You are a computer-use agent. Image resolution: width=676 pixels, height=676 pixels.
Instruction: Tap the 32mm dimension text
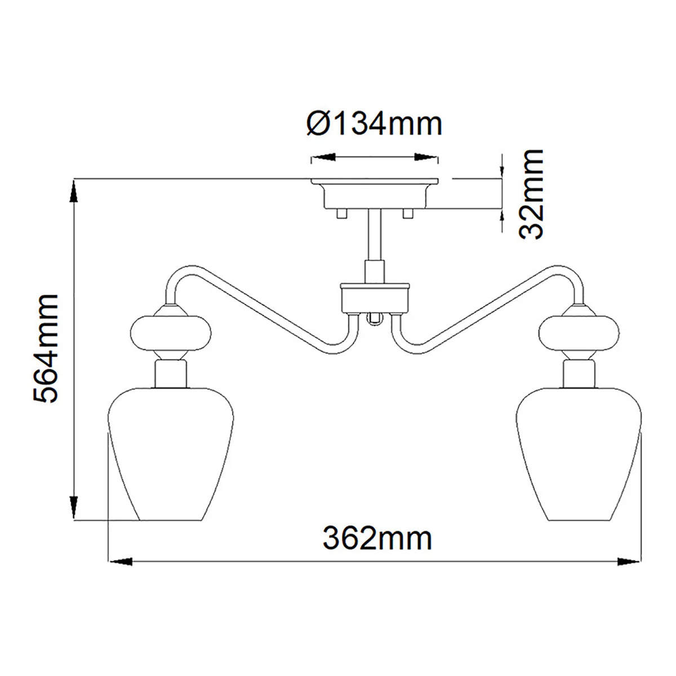click(531, 194)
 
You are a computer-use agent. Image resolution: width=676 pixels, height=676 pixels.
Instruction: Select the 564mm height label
click(45, 348)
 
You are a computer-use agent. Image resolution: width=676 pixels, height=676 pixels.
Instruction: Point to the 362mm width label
click(377, 539)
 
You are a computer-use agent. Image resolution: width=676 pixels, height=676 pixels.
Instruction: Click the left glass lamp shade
click(171, 454)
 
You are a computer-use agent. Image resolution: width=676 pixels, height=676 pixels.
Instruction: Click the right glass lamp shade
click(579, 454)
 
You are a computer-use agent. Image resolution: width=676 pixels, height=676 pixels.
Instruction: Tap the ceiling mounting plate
click(375, 194)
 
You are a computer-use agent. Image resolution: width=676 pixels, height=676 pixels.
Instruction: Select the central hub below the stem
click(375, 298)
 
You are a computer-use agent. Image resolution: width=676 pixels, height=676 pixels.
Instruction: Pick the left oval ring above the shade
click(171, 332)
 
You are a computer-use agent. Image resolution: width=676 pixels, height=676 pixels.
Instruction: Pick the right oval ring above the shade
click(579, 332)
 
